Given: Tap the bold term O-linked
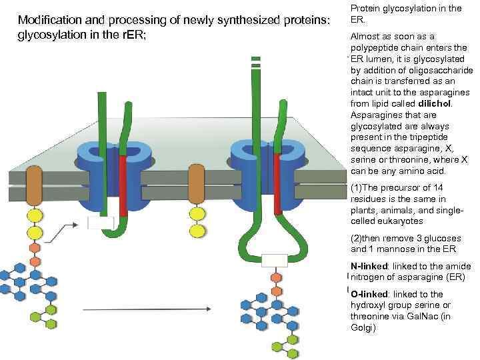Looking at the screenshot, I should pyautogui.click(x=368, y=294).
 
